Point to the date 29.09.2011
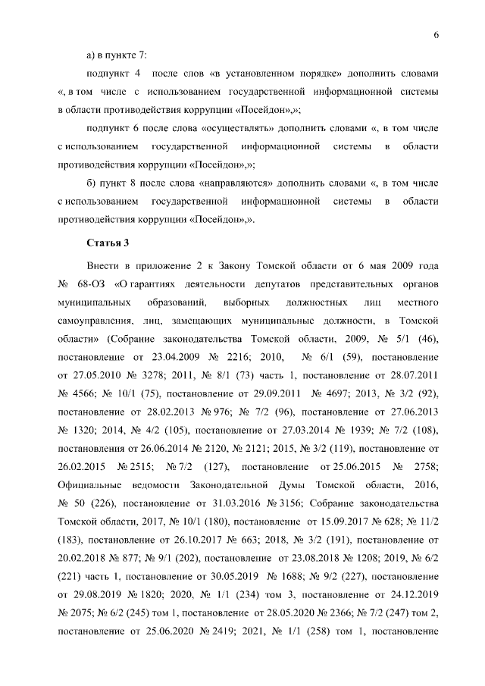click(249, 394)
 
